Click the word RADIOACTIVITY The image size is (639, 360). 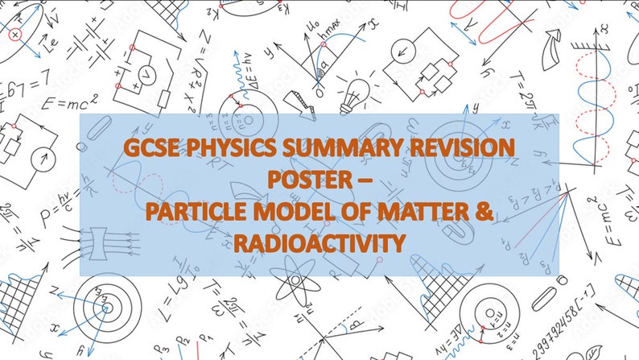click(318, 242)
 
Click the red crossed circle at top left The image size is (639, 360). click(14, 35)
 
